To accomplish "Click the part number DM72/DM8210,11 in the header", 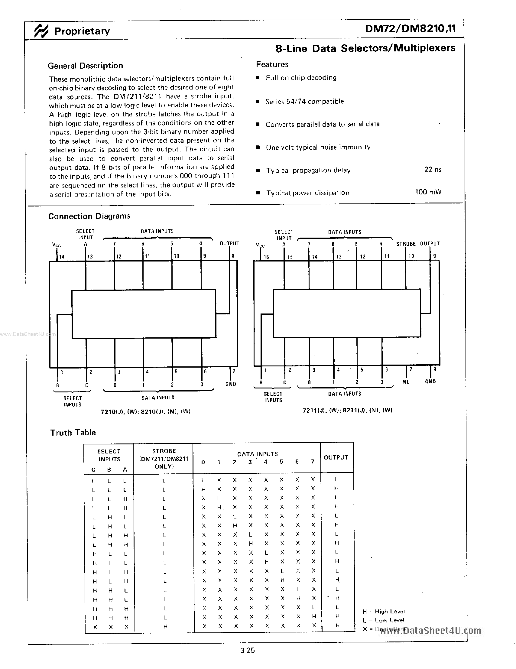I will click(410, 29).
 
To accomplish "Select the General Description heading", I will click(86, 66).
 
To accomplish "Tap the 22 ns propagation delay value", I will click(432, 169).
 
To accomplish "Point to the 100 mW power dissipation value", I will click(428, 192).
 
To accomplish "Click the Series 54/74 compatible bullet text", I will click(304, 101).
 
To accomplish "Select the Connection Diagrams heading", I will click(89, 216).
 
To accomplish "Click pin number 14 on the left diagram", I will click(62, 257).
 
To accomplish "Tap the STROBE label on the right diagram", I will click(406, 244).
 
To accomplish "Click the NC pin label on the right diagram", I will click(406, 382).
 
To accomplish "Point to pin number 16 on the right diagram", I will click(266, 257).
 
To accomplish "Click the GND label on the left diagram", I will click(231, 384).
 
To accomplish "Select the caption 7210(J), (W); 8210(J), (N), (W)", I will click(145, 412).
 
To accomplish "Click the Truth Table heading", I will click(73, 433).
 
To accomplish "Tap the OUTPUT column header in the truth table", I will click(336, 457).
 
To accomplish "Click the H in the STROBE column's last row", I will click(165, 626).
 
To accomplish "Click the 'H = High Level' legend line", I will click(383, 612).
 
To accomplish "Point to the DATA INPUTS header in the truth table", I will click(257, 454).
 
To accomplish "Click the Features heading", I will click(272, 64).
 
